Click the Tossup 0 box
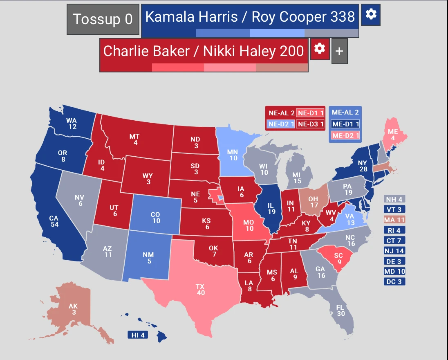[x=103, y=19]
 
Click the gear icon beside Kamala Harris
[x=371, y=14]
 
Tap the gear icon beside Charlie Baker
[x=320, y=49]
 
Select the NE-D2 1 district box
[x=280, y=124]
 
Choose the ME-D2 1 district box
[x=345, y=135]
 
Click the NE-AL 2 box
[x=280, y=113]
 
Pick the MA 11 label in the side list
[x=394, y=220]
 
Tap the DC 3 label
[x=394, y=281]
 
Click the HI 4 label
[x=137, y=335]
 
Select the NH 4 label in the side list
[x=394, y=199]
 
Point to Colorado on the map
[x=155, y=217]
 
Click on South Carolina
[x=338, y=258]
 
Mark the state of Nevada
[x=79, y=200]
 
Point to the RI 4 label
[x=394, y=230]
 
